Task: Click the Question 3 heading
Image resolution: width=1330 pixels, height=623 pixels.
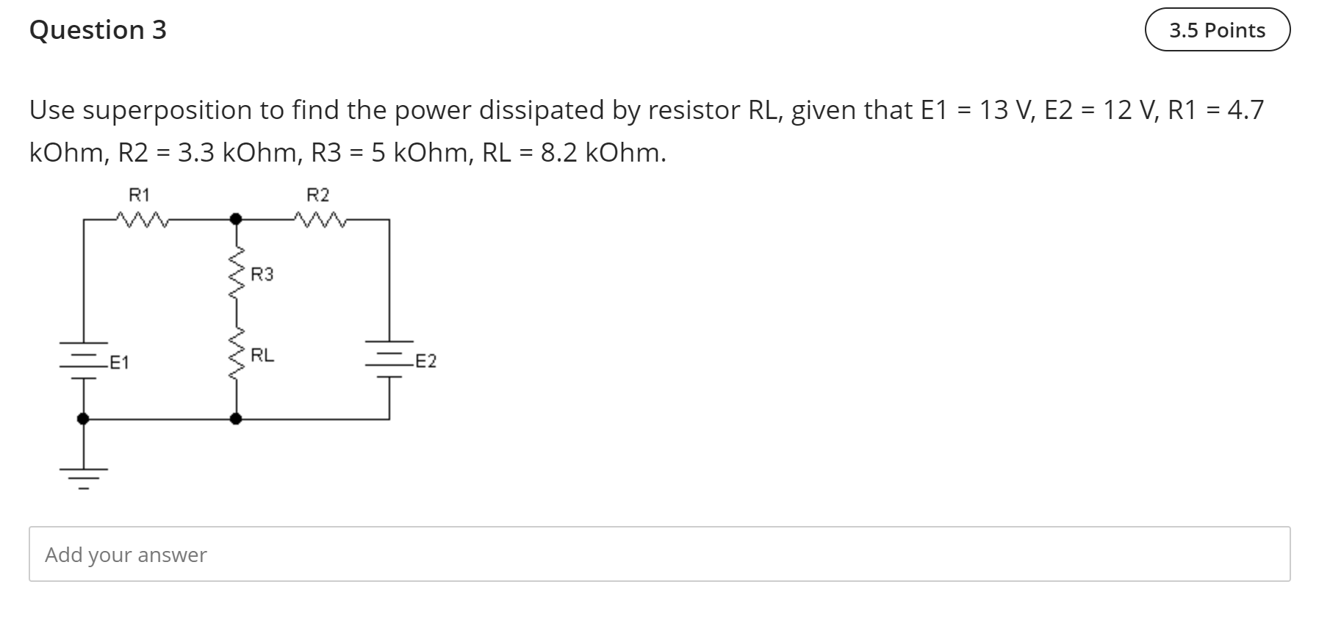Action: click(98, 30)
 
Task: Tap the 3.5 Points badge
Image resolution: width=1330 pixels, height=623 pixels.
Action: click(1217, 30)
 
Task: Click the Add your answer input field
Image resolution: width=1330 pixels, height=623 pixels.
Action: click(659, 554)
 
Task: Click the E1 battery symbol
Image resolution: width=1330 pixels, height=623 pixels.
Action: click(83, 360)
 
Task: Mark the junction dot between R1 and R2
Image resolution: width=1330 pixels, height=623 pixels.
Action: click(235, 219)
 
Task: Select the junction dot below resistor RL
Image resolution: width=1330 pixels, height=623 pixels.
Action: click(235, 419)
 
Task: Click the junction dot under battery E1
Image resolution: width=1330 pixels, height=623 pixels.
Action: click(83, 419)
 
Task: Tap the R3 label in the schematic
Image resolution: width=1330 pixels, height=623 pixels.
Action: click(262, 275)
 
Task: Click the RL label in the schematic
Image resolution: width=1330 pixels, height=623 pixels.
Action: click(262, 356)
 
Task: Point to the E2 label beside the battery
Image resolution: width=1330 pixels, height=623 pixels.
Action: click(425, 361)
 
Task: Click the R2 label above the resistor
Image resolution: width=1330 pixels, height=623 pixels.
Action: click(318, 195)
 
